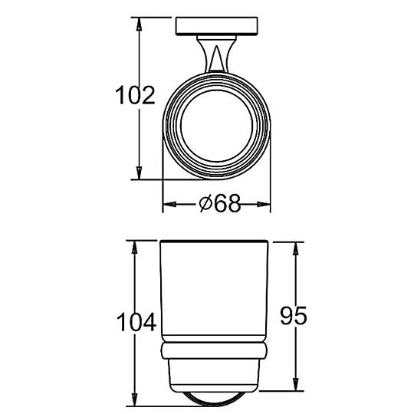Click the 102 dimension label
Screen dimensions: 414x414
coord(135,95)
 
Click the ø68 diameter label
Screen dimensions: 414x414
coord(220,204)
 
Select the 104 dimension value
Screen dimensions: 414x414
coord(136,321)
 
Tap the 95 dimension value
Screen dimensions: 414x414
coord(294,316)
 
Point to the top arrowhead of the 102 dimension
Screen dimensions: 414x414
coord(139,24)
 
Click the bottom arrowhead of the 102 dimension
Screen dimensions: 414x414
coord(139,173)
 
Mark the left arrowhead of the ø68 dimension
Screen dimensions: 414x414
coord(169,204)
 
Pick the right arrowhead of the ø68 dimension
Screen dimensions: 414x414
coord(264,204)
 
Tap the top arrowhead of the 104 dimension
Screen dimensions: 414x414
coord(135,248)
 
